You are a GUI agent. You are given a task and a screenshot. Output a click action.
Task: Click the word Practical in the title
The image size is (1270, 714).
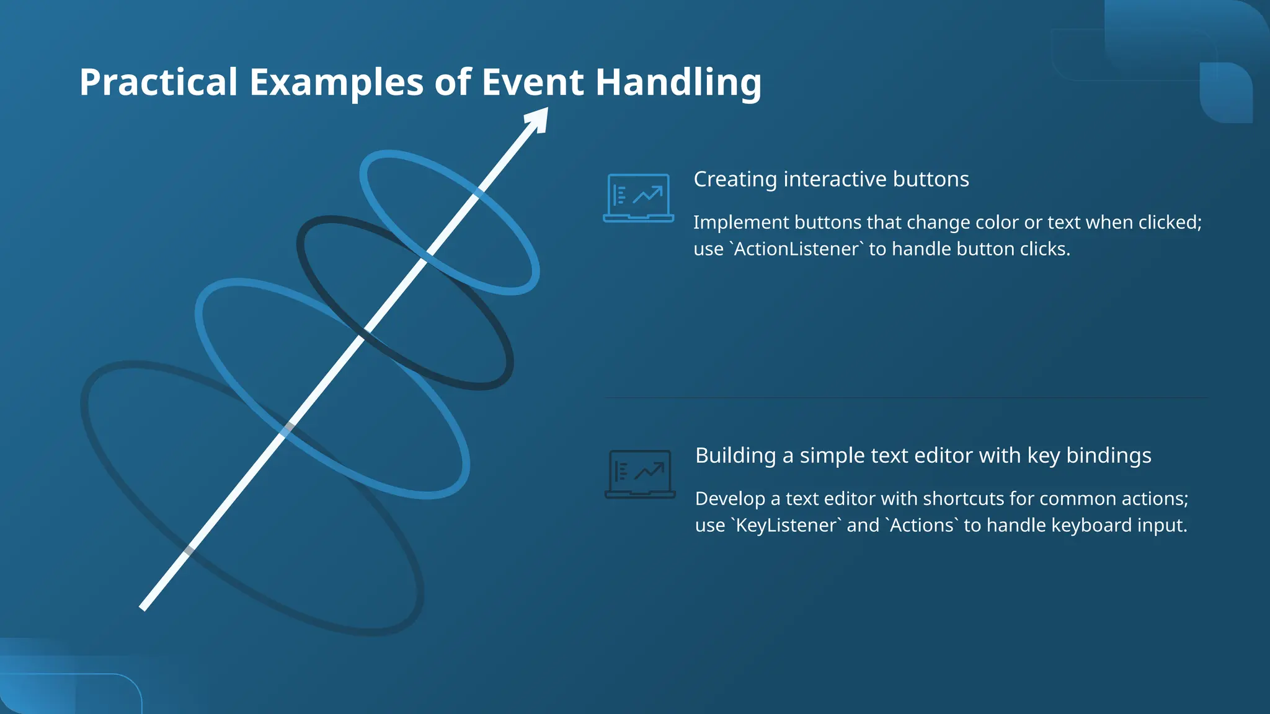click(x=159, y=82)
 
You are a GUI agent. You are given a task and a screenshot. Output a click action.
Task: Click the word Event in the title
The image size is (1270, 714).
click(x=532, y=82)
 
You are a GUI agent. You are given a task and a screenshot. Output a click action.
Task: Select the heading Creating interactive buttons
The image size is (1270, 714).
click(x=831, y=179)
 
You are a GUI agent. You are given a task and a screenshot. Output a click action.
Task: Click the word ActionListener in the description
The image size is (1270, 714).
click(x=797, y=249)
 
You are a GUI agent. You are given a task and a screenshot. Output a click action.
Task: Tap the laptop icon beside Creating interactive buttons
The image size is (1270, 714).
click(x=638, y=198)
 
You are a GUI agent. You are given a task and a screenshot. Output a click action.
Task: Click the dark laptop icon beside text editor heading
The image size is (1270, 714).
click(x=639, y=474)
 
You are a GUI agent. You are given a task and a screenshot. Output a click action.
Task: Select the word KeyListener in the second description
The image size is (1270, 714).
click(x=786, y=526)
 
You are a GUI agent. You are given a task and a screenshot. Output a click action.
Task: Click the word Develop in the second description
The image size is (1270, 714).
click(x=730, y=499)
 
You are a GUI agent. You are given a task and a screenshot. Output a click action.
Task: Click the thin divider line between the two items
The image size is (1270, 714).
click(x=905, y=397)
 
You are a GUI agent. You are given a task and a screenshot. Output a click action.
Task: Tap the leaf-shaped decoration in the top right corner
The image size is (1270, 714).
click(x=1226, y=93)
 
